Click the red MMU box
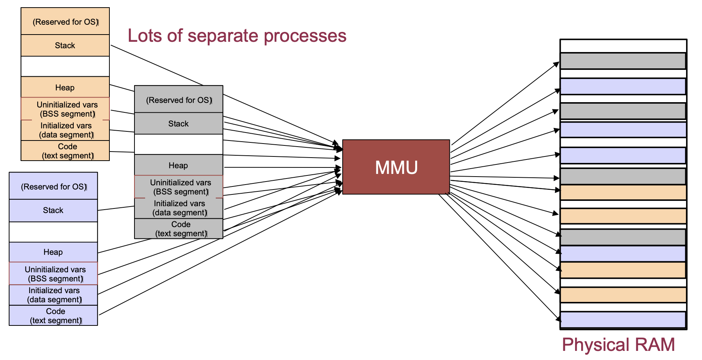(396, 167)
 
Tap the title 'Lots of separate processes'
(237, 36)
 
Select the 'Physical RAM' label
(618, 345)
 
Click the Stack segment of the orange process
(65, 46)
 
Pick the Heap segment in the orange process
(65, 87)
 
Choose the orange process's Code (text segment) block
(65, 151)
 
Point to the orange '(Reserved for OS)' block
(65, 22)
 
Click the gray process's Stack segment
(179, 123)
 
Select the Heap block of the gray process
(179, 165)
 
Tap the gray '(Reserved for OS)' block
(179, 99)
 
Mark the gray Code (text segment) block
(179, 229)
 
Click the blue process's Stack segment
(53, 210)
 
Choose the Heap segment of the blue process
(53, 252)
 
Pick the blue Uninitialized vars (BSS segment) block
(53, 274)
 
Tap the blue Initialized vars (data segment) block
(53, 295)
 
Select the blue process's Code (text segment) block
(53, 316)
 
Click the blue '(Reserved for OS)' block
(53, 186)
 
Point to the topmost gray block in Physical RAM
(623, 61)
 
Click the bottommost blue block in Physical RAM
(623, 320)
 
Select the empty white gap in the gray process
(179, 144)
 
